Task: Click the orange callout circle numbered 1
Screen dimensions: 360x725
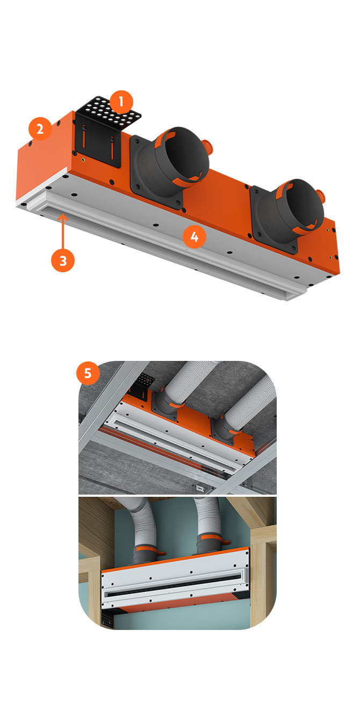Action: pos(121,102)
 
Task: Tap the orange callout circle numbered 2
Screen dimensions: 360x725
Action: pos(40,129)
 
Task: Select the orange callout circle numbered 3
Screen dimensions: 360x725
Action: pos(63,260)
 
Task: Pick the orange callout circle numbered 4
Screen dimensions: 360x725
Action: pos(195,237)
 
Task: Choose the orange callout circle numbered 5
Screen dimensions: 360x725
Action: pos(88,373)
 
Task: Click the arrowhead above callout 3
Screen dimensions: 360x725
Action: pos(63,218)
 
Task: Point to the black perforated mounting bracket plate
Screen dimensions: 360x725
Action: pos(109,111)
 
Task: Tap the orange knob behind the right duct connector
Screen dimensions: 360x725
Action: pos(321,194)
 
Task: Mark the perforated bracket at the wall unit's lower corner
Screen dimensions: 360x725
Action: pos(107,620)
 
